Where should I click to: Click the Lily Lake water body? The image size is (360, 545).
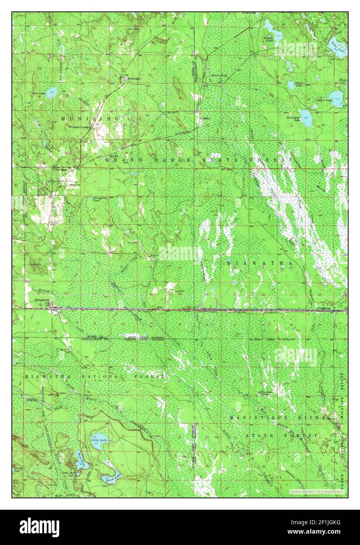[x=100, y=438]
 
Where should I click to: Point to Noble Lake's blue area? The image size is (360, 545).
[x=51, y=93]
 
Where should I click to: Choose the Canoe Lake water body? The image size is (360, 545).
[x=291, y=84]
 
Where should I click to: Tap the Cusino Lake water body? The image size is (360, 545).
[x=336, y=96]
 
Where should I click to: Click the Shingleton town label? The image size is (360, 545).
[x=42, y=300]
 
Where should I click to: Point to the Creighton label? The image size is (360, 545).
[x=326, y=308]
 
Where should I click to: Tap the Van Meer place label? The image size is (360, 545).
[x=58, y=170]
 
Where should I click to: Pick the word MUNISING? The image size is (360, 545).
[x=90, y=118]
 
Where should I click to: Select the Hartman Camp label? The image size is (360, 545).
[x=266, y=393]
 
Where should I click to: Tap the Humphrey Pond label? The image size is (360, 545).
[x=100, y=199]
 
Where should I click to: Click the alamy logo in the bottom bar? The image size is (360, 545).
[x=40, y=527]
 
